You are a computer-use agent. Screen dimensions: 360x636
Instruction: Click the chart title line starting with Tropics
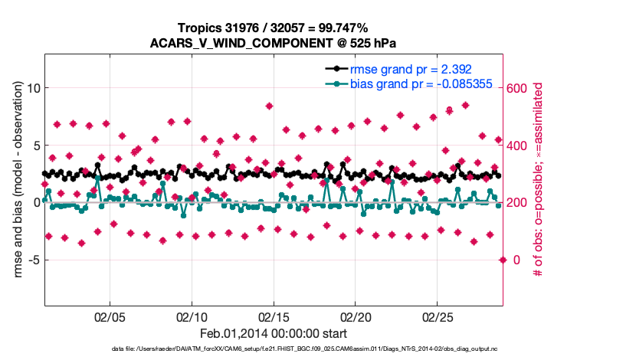pos(273,28)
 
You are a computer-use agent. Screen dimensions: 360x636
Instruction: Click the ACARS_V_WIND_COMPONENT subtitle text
pos(273,43)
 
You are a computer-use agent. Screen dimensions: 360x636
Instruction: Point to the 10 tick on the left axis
pos(32,88)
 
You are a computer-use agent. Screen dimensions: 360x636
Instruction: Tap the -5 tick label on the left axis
pos(31,260)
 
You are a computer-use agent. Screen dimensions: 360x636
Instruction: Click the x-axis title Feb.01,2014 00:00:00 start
pos(273,333)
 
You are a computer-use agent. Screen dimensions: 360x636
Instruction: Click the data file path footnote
pos(273,349)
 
